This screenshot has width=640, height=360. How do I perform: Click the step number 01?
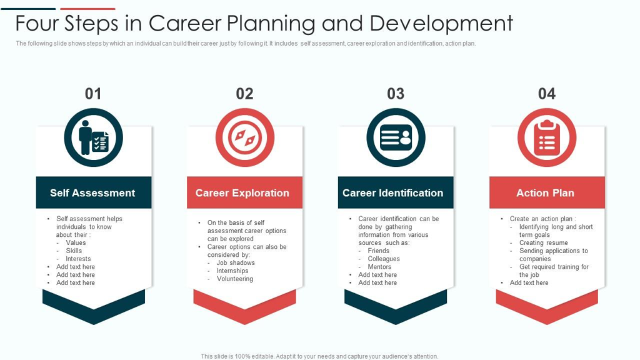pyautogui.click(x=93, y=94)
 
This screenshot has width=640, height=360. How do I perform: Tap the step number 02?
pyautogui.click(x=244, y=94)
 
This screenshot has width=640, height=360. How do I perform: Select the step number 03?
pyautogui.click(x=396, y=94)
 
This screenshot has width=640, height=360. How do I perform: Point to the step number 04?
pyautogui.click(x=546, y=94)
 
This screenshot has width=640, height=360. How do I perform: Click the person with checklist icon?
pyautogui.click(x=94, y=137)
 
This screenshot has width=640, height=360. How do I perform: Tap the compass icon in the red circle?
pyautogui.click(x=245, y=137)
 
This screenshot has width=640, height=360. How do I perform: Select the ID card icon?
pyautogui.click(x=396, y=137)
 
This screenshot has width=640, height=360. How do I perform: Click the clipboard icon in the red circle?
pyautogui.click(x=547, y=138)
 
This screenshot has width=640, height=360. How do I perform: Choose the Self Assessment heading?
pyautogui.click(x=92, y=192)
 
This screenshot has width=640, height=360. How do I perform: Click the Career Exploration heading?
pyautogui.click(x=242, y=192)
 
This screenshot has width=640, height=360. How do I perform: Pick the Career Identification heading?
pyautogui.click(x=392, y=192)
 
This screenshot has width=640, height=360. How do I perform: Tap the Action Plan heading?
pyautogui.click(x=545, y=192)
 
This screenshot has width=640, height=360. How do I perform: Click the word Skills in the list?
pyautogui.click(x=74, y=251)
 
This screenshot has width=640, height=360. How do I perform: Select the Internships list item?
pyautogui.click(x=232, y=271)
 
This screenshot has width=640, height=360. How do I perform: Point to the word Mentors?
pyautogui.click(x=379, y=266)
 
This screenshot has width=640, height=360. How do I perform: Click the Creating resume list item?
pyautogui.click(x=543, y=242)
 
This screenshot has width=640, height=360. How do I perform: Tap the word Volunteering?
pyautogui.click(x=235, y=279)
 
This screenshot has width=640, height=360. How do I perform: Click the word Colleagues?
pyautogui.click(x=384, y=259)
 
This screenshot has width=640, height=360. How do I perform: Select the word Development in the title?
pyautogui.click(x=441, y=23)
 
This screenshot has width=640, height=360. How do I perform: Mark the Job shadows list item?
pyautogui.click(x=236, y=263)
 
